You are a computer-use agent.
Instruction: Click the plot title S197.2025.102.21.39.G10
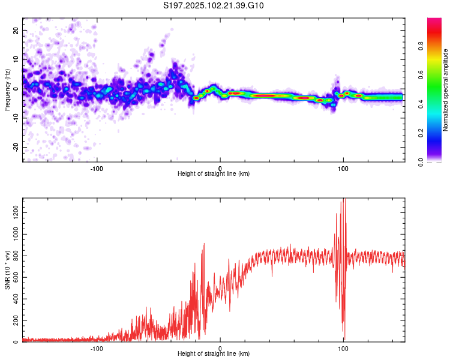(x=213, y=5)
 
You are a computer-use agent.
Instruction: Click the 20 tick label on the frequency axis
(x=16, y=31)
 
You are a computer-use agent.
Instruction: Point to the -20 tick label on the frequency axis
(x=16, y=147)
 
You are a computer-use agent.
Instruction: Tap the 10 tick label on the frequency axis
(x=16, y=59)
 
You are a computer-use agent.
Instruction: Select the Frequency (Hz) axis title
(x=7, y=89)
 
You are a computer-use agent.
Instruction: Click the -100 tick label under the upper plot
(x=97, y=168)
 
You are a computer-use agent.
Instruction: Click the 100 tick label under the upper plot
(x=343, y=168)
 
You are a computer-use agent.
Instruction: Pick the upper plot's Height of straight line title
(x=214, y=173)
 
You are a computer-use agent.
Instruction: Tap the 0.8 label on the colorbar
(x=421, y=46)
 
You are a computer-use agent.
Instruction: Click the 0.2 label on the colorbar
(x=421, y=133)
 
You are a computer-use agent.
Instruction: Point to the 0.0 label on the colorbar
(x=421, y=162)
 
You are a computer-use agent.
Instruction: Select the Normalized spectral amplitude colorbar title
(x=445, y=90)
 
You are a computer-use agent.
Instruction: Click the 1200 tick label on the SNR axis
(x=16, y=213)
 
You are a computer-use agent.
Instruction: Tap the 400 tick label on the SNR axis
(x=16, y=299)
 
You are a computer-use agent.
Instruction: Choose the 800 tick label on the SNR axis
(x=16, y=256)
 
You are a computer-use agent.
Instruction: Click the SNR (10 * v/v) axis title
(x=7, y=270)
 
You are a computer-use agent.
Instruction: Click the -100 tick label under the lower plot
(x=97, y=349)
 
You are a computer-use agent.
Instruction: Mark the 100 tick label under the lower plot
(x=343, y=349)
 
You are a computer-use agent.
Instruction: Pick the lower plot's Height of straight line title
(x=214, y=353)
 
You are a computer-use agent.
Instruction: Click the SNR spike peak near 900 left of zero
(x=204, y=244)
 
